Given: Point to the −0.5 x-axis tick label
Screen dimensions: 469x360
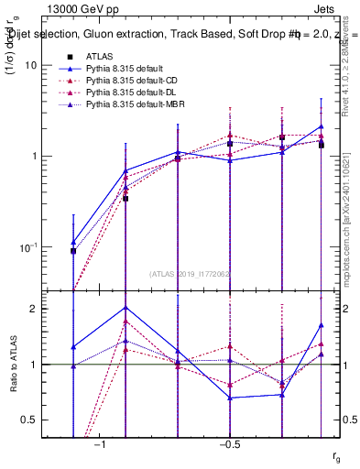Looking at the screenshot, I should [x=229, y=442].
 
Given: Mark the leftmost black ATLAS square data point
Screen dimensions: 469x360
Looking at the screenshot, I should [x=73, y=250].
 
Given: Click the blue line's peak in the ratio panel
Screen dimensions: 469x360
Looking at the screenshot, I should [x=125, y=307].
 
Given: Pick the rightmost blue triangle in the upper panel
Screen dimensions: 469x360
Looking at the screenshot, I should [x=322, y=126].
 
